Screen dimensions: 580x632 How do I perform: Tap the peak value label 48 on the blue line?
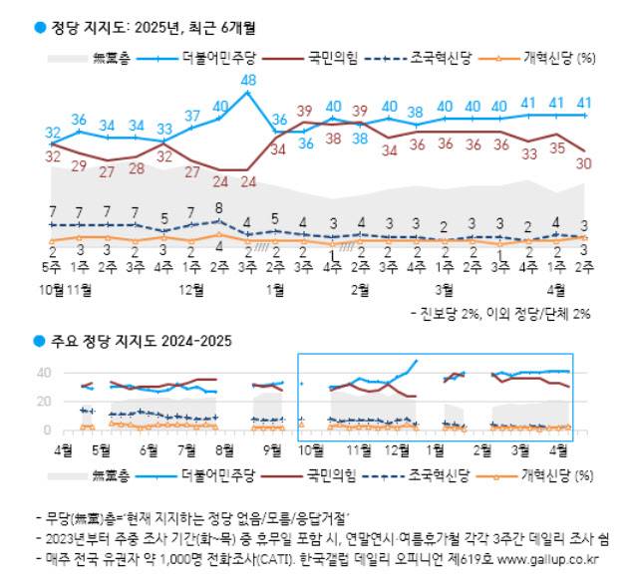click(249, 80)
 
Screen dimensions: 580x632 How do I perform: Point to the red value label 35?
click(557, 148)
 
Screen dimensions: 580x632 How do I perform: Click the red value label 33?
click(529, 153)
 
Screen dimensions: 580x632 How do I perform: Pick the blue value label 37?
click(193, 117)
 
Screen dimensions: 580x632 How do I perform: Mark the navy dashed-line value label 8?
click(220, 209)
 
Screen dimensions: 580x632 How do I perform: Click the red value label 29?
click(81, 164)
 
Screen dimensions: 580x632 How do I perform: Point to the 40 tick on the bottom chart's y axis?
click(44, 374)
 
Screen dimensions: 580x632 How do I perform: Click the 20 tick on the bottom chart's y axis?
click(44, 403)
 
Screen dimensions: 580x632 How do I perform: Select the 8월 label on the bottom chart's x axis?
click(223, 449)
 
